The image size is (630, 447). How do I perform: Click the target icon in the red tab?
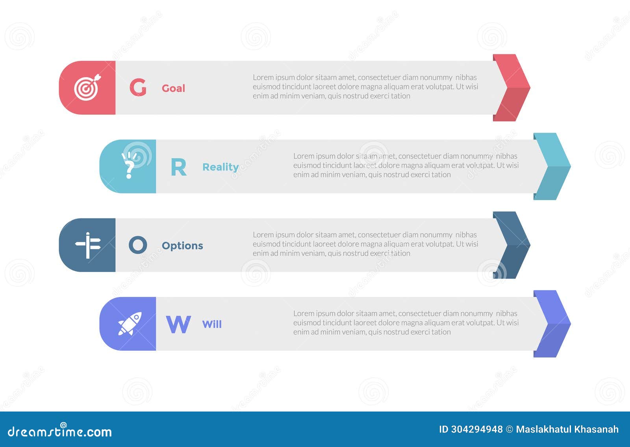click(x=87, y=88)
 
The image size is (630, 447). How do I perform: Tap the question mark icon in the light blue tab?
click(x=128, y=166)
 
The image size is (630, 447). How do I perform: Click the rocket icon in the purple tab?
click(x=130, y=324)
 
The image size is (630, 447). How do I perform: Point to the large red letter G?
click(x=138, y=88)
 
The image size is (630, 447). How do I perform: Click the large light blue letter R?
click(x=178, y=167)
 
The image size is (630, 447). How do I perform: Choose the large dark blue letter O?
click(x=138, y=245)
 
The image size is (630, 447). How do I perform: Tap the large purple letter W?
click(x=178, y=324)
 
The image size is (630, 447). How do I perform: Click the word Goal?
click(x=173, y=88)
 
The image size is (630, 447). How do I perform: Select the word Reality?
click(x=220, y=167)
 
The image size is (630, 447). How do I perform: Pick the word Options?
click(x=182, y=246)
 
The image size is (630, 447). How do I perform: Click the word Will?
click(x=212, y=324)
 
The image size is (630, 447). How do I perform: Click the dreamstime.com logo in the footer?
click(x=60, y=431)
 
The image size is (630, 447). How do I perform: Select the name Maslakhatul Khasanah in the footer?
click(x=567, y=429)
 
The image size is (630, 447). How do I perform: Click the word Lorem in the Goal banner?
click(x=263, y=77)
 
